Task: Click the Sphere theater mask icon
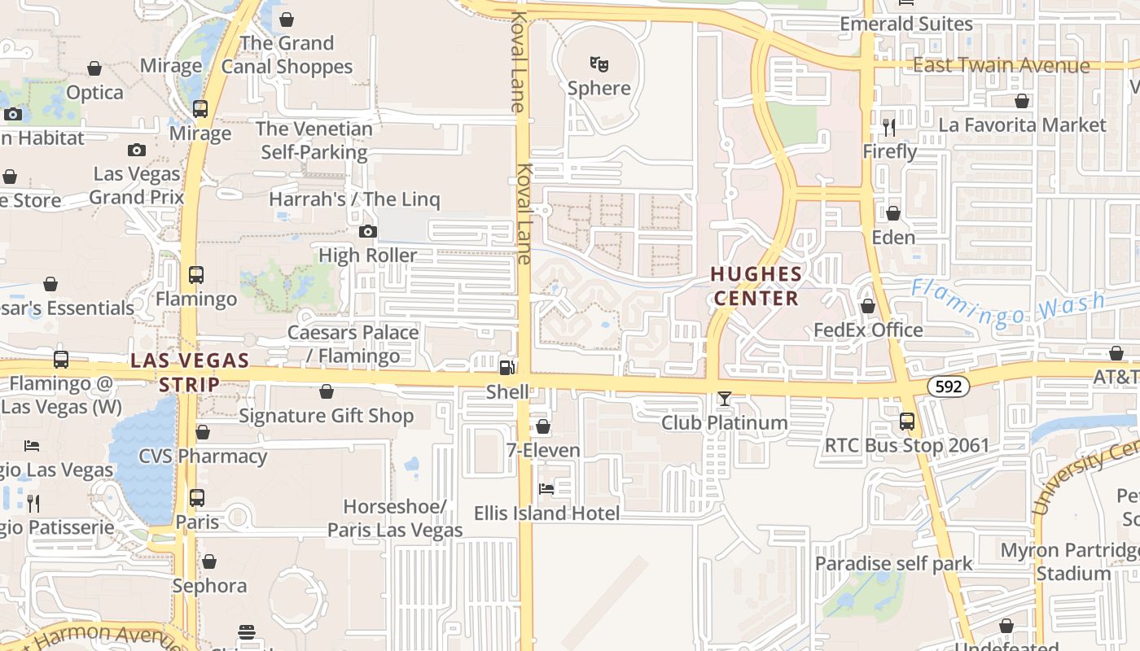click(x=599, y=63)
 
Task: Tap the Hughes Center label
click(x=756, y=286)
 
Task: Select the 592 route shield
click(x=949, y=387)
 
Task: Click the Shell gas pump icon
click(x=507, y=367)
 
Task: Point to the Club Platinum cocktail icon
click(x=724, y=399)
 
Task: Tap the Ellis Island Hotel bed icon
click(x=546, y=489)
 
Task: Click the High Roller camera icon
click(x=368, y=232)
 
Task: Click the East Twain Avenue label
click(x=1001, y=66)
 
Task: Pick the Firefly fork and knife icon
click(x=889, y=128)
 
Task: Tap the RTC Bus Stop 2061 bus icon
click(x=906, y=422)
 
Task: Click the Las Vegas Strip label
click(x=190, y=372)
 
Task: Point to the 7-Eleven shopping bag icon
click(x=543, y=426)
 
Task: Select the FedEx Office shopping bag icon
click(x=868, y=306)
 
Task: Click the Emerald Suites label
click(x=906, y=24)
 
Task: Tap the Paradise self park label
click(x=893, y=563)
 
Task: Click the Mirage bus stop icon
click(x=199, y=109)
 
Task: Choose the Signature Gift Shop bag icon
click(x=327, y=392)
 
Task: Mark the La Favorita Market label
click(x=1022, y=125)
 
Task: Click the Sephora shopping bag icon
click(x=209, y=561)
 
